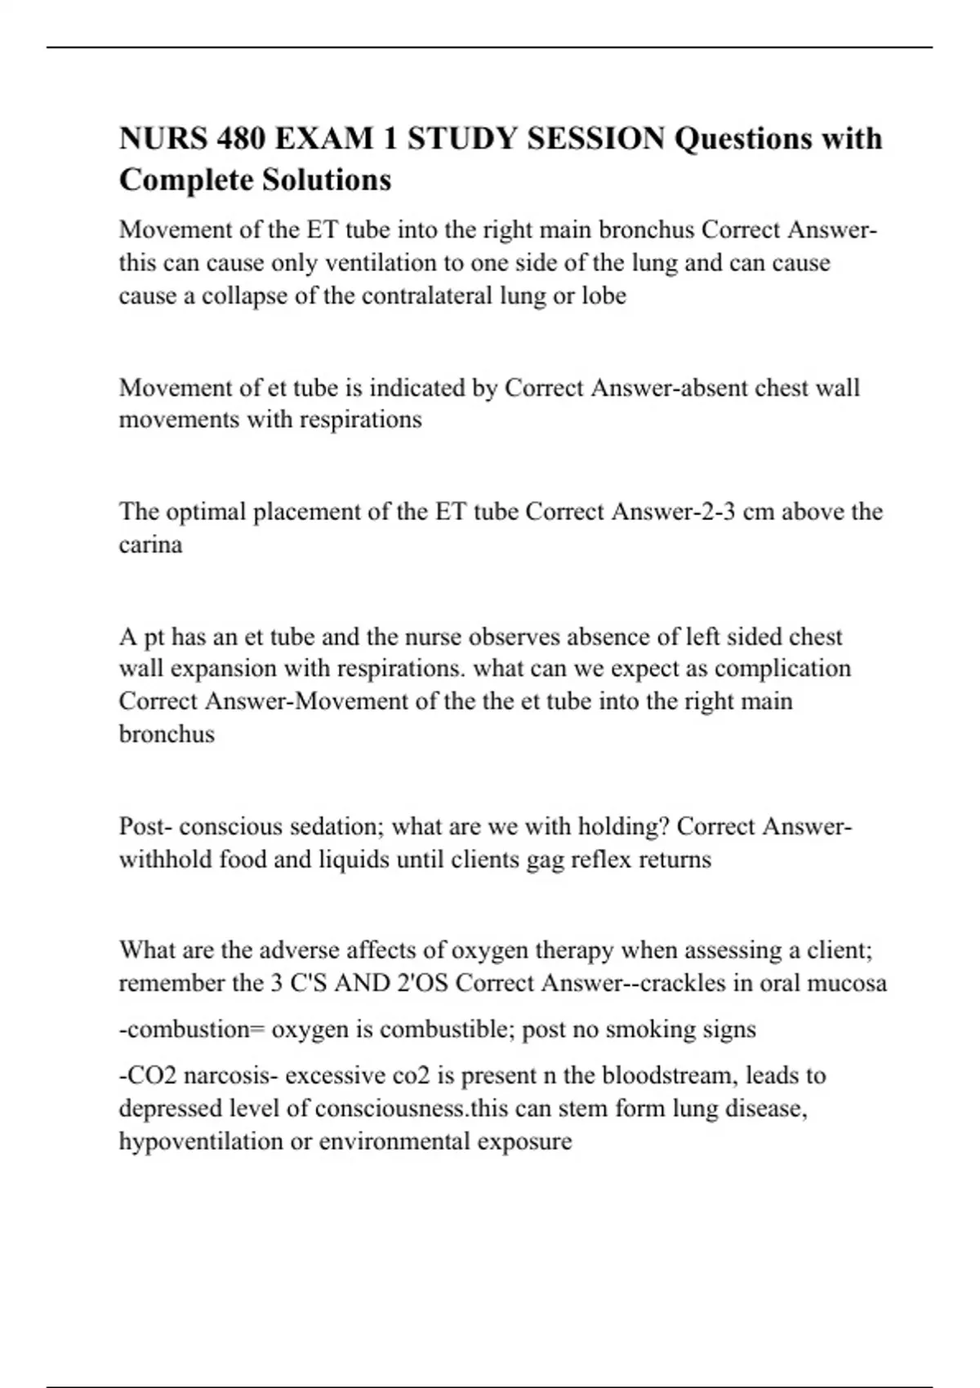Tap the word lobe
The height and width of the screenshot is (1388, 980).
point(604,296)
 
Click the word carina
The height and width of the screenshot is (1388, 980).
point(150,545)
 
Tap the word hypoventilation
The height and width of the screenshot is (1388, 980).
point(201,1141)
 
